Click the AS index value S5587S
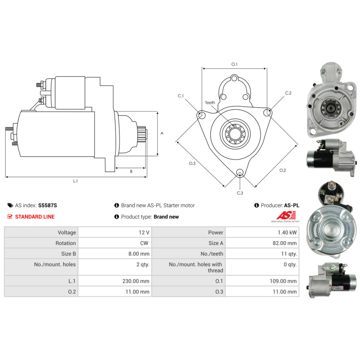48,205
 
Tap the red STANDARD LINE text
35,217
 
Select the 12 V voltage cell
144,233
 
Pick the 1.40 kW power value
287,233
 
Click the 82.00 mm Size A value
285,243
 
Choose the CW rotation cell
144,243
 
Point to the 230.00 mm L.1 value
136,281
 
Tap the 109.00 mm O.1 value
283,281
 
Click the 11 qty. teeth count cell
289,254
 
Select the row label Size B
68,254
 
